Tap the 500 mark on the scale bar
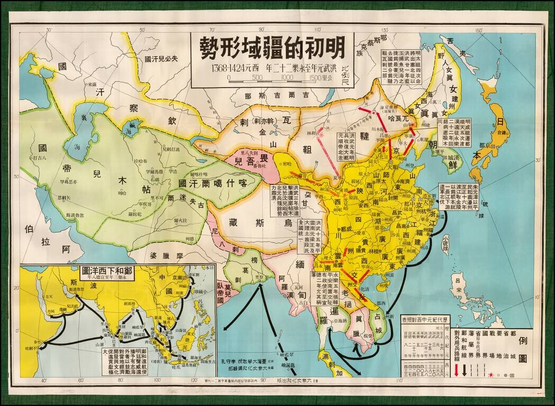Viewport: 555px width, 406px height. (x=258, y=78)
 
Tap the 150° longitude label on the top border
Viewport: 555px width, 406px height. (x=479, y=30)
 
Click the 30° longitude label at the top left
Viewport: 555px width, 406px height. (x=49, y=30)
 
